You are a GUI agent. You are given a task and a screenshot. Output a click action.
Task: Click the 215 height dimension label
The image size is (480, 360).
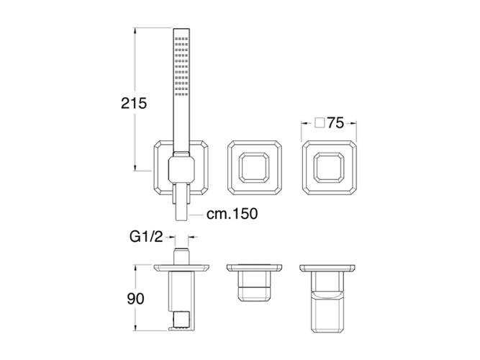click(134, 103)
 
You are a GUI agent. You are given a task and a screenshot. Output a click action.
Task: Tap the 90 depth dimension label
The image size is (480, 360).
click(135, 298)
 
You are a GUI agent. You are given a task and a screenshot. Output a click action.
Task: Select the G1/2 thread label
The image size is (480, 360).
click(146, 237)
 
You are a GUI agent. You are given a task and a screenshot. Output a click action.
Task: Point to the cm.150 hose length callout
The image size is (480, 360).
click(232, 214)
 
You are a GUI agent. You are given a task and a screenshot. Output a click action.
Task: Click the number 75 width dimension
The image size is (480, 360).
click(335, 123)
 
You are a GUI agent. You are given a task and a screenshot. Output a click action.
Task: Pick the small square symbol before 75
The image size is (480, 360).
click(320, 123)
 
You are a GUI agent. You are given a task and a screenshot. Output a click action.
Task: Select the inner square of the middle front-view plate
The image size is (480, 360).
click(254, 168)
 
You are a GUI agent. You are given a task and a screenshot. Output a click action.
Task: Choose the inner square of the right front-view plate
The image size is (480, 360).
click(329, 168)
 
